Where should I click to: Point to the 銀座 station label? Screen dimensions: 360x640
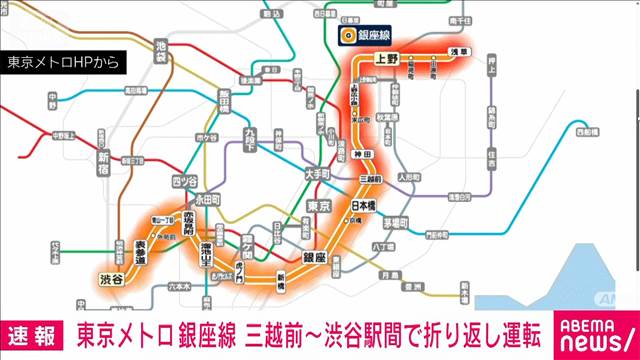[x=314, y=258]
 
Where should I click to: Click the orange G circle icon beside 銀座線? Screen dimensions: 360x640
[x=349, y=36]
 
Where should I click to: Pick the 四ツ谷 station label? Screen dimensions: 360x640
[x=185, y=180]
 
